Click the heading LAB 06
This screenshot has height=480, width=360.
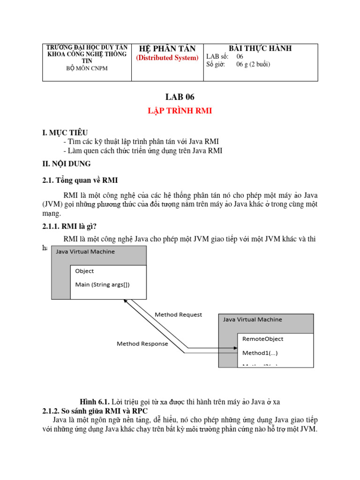(x=180, y=97)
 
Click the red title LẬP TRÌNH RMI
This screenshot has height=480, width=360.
(x=180, y=112)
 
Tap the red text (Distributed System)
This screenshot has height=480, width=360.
(x=167, y=58)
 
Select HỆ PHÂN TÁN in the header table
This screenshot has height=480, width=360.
(x=167, y=49)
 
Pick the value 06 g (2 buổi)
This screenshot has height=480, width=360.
(x=253, y=65)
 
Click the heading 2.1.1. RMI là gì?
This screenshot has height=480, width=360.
(x=69, y=226)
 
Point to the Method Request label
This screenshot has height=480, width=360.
(x=178, y=315)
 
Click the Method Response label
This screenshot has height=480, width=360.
(x=142, y=344)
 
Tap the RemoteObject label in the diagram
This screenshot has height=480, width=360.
(x=262, y=339)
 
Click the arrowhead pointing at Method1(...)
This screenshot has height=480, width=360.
(x=235, y=349)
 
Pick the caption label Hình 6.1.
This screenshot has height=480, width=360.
(x=94, y=402)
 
